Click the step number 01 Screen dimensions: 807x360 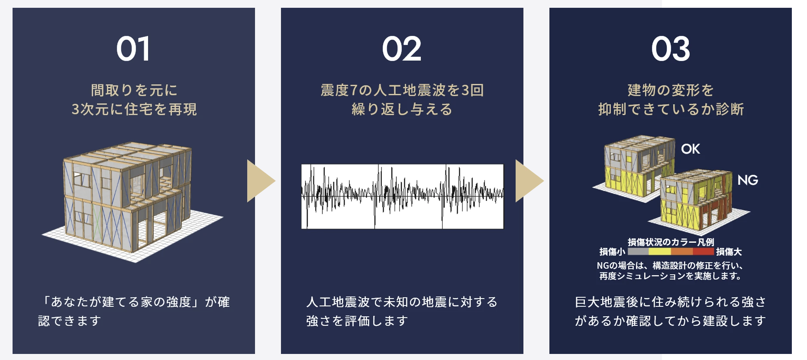133,48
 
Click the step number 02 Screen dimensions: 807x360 402,48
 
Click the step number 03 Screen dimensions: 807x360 671,48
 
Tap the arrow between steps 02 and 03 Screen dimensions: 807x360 529,181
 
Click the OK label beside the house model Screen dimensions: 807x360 691,149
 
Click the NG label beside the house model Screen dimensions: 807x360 748,180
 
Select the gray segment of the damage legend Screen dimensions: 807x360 638,251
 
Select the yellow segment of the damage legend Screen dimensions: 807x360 660,251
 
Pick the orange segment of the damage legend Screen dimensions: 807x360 682,251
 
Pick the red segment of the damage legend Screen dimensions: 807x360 703,251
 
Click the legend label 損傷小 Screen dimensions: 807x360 612,252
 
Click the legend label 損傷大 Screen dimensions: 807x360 729,252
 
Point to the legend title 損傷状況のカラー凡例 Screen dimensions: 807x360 671,242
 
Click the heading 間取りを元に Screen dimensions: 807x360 134,90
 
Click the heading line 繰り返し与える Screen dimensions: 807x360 402,109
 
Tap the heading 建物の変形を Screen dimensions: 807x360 671,90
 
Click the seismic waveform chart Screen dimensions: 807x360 403,196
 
